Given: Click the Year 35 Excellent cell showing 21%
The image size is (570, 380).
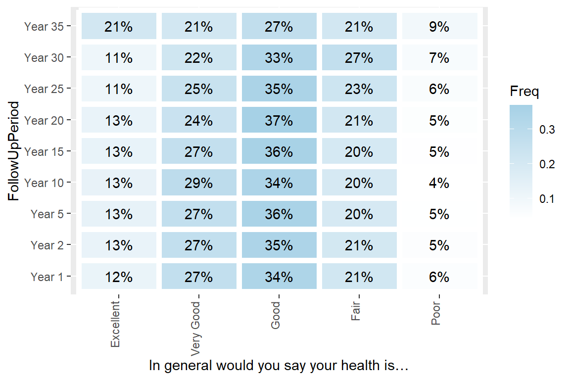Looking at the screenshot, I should point(119,26).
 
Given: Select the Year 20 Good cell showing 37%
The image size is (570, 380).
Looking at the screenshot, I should point(279,120).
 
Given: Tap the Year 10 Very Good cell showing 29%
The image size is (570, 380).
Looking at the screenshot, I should point(199,183).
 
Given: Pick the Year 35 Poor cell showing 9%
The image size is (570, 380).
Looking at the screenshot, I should point(439,26).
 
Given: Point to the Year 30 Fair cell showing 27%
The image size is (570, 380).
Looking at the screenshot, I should point(359,58).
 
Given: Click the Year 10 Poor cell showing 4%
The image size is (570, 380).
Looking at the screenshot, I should point(439,183).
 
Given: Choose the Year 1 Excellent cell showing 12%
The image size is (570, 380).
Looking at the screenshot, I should point(119,277).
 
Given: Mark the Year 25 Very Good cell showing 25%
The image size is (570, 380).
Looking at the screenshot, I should point(199,89).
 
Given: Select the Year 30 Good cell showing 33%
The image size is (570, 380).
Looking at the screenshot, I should point(279,58).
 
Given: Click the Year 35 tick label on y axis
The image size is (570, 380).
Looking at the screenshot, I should point(44,27).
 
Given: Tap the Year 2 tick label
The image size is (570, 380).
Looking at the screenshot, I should point(47,245).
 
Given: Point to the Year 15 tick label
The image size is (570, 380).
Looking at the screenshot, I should point(44,152).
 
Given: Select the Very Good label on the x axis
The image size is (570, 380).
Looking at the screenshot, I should point(195,329).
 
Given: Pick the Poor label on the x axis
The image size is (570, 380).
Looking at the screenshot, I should point(436,314).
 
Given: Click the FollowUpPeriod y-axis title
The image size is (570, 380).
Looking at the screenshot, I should point(14,151).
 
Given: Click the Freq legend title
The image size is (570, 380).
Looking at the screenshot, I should point(524,92).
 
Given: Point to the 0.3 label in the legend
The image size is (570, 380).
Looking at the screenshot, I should point(548,130).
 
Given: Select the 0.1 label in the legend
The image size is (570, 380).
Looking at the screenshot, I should point(548,199).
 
